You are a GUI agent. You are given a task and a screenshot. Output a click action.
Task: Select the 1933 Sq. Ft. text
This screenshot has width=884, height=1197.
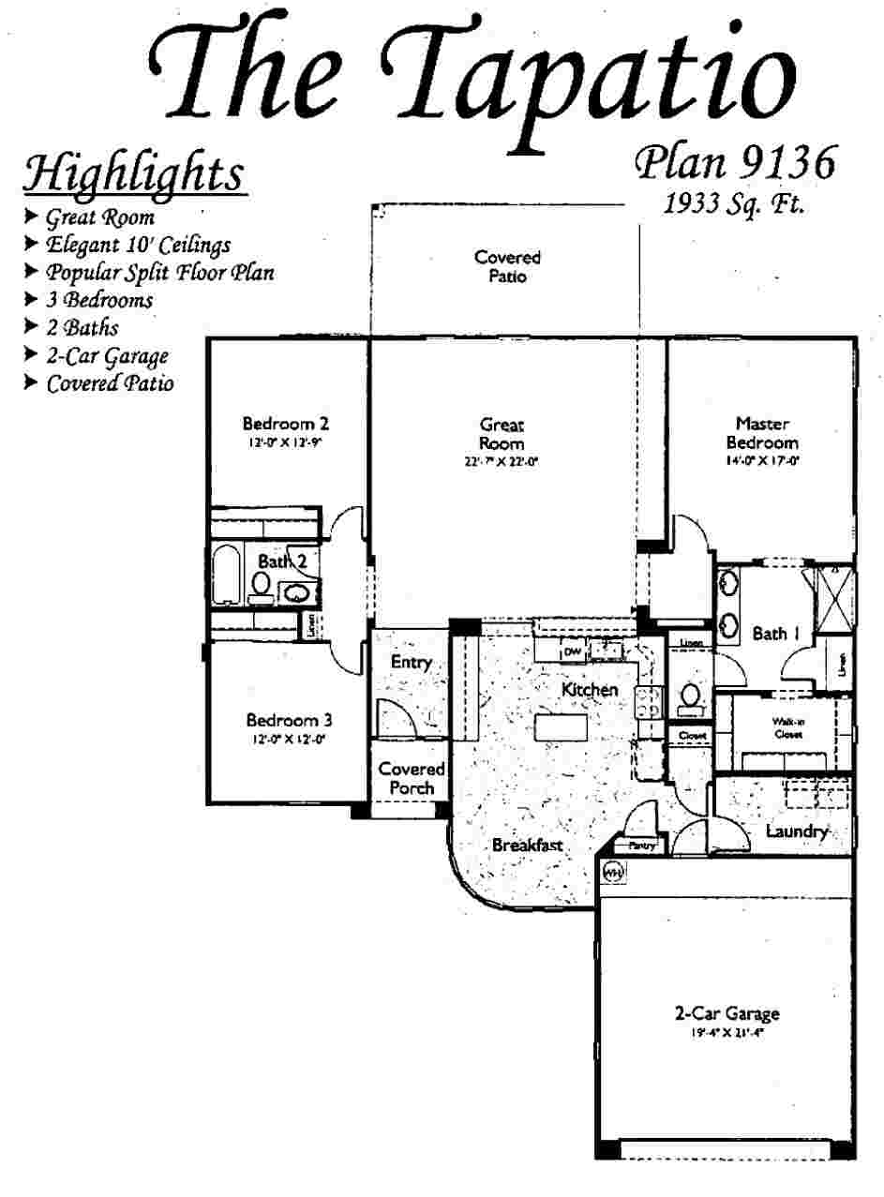(x=734, y=202)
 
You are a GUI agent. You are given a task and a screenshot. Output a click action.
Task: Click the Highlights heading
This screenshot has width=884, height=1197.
(x=133, y=174)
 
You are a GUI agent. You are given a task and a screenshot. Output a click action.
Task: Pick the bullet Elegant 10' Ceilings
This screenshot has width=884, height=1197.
(x=138, y=245)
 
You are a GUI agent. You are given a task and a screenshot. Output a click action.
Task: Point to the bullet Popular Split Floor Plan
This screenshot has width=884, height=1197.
(x=160, y=273)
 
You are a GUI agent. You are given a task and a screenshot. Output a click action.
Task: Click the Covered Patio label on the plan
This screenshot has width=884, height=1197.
(x=507, y=266)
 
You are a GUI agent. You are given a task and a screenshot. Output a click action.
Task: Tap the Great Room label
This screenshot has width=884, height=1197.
(x=502, y=433)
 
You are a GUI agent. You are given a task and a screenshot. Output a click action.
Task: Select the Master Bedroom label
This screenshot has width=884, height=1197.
(x=761, y=432)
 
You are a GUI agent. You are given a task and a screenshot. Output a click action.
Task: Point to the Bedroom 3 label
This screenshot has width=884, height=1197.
(x=289, y=720)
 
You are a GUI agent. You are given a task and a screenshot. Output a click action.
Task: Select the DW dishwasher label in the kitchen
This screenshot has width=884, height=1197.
(x=571, y=651)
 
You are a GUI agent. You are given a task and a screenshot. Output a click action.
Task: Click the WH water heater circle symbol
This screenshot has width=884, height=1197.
(x=613, y=871)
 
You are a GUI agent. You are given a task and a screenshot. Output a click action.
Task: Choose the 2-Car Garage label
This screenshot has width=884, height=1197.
(x=727, y=1013)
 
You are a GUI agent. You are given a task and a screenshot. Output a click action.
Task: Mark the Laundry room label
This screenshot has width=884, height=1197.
(x=796, y=831)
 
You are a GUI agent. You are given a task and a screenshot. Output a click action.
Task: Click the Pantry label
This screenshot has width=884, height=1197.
(x=641, y=845)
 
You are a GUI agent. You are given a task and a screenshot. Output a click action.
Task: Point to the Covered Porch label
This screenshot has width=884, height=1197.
(x=411, y=778)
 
